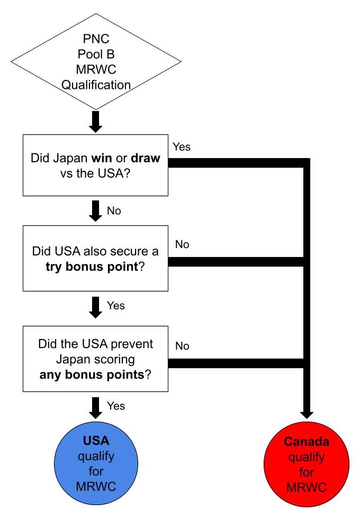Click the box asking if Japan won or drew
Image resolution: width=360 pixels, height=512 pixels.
[96, 164]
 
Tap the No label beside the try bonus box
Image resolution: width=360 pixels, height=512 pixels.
[182, 245]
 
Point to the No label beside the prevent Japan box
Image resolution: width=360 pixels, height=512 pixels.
[182, 346]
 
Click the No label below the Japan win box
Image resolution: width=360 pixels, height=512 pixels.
[114, 211]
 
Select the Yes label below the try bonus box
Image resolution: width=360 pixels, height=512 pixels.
[116, 305]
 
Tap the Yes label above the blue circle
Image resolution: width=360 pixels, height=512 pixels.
[116, 406]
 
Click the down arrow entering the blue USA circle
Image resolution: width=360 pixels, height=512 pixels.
[96, 407]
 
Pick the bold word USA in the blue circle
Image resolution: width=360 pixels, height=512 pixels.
[96, 440]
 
